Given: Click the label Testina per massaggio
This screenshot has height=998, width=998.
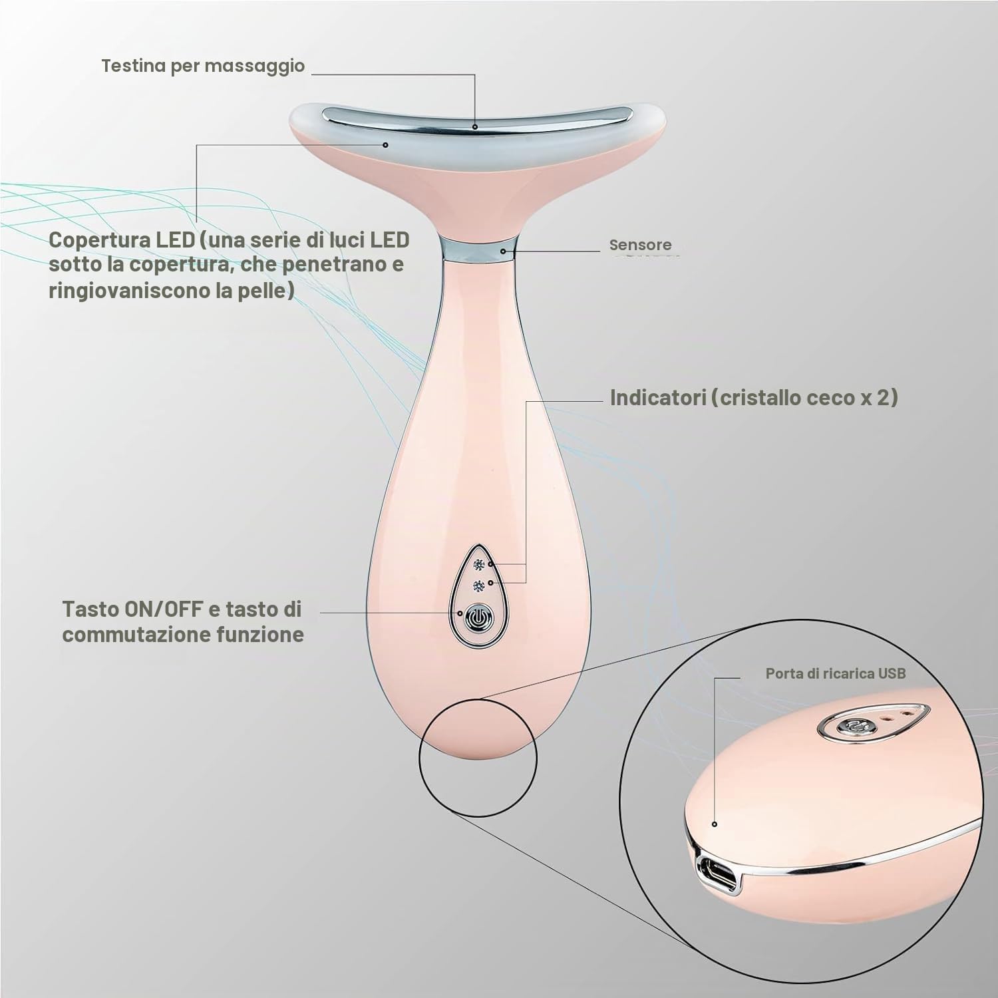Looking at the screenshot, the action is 203,66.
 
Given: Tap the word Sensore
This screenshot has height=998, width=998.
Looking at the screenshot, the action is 640,245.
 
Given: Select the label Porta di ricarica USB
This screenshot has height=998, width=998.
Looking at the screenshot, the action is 836,673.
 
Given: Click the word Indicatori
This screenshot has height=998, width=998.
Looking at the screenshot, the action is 657,397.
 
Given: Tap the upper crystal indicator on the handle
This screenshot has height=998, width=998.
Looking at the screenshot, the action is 477,566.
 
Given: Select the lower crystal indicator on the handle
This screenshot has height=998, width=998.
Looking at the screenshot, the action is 477,585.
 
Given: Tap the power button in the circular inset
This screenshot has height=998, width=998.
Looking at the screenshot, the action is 848,727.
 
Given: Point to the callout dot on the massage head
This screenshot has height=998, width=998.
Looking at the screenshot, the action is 475,126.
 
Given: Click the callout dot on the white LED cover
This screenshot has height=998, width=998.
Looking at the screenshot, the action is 385,143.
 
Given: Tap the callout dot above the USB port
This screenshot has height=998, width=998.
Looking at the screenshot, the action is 715,824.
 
